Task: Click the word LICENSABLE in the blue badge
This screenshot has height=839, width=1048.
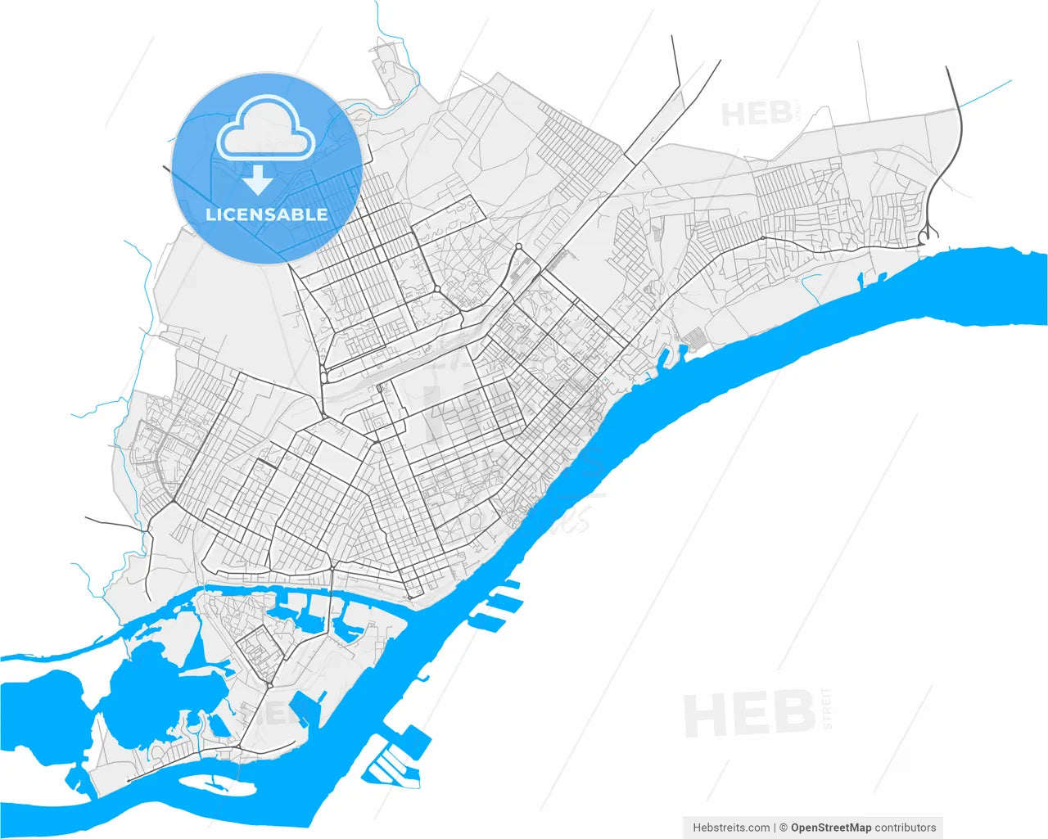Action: (x=266, y=214)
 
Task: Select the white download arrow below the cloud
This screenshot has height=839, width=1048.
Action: (x=259, y=179)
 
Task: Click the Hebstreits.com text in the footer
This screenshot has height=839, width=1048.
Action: (x=731, y=828)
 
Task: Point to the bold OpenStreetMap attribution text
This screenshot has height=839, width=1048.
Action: (x=830, y=828)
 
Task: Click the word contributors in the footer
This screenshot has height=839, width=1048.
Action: (x=905, y=828)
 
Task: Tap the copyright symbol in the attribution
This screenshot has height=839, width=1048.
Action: (x=783, y=828)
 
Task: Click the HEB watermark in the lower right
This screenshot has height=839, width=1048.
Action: (x=748, y=713)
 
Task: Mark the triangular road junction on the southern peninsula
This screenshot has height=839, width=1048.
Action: (x=269, y=683)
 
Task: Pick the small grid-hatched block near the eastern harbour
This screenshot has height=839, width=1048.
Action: (x=694, y=336)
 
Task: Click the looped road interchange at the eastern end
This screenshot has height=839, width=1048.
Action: (x=924, y=236)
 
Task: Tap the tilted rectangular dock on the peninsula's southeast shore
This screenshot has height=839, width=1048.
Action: (x=306, y=707)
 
